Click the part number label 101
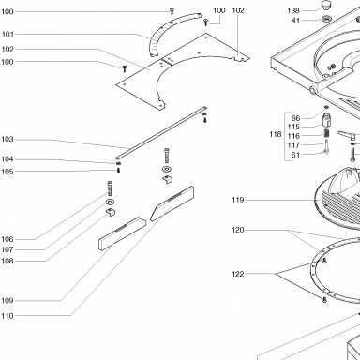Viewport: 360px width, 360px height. [x=7, y=34]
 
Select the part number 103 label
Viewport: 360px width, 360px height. [x=7, y=139]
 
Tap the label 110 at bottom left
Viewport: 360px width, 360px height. [x=7, y=316]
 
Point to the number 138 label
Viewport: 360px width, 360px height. [x=293, y=11]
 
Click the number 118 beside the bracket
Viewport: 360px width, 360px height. [x=276, y=134]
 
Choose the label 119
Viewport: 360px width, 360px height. [x=238, y=200]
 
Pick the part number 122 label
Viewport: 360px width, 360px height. [x=238, y=274]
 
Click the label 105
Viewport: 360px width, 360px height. [x=7, y=172]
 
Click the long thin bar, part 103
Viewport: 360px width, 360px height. [x=161, y=132]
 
